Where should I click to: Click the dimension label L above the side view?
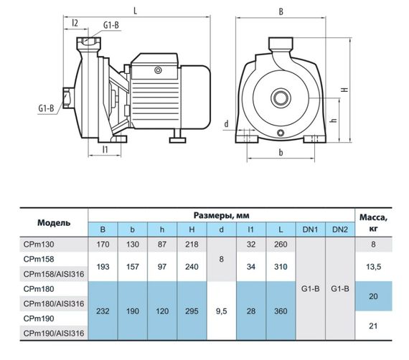(135, 11)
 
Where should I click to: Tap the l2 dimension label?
(75, 23)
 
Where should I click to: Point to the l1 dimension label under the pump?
(105, 149)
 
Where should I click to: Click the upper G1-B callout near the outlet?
(111, 25)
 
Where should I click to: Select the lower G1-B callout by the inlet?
(46, 108)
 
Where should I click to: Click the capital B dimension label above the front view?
(281, 11)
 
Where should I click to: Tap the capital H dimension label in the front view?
(345, 89)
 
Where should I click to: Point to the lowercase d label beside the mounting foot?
(227, 123)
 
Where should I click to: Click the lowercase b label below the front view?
(281, 152)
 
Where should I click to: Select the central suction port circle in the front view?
(281, 98)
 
